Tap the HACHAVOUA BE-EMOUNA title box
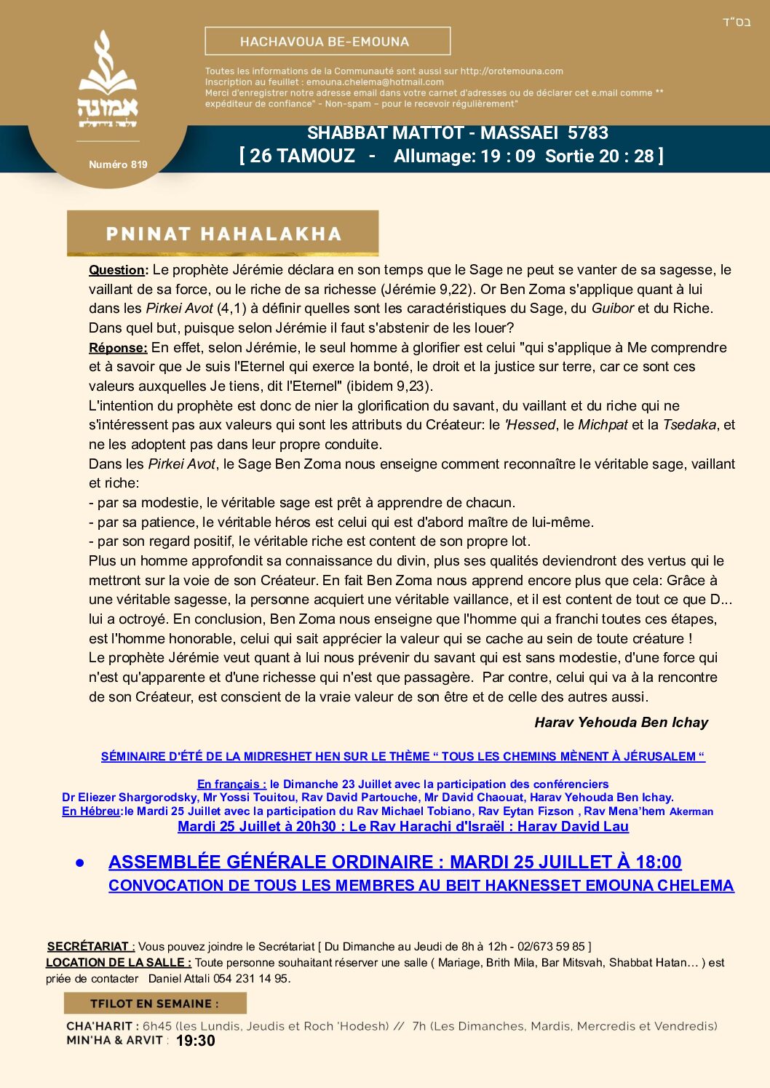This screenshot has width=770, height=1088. (328, 41)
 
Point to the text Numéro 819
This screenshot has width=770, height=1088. (118, 164)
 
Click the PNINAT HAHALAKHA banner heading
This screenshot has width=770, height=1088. (223, 234)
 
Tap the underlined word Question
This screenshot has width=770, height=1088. (117, 270)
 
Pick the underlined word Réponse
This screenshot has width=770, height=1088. (118, 348)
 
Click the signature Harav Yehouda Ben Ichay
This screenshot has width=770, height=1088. (621, 723)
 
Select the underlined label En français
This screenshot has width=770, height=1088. (231, 785)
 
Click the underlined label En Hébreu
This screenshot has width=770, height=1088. (92, 811)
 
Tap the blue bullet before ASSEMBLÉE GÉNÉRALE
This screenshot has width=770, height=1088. (80, 863)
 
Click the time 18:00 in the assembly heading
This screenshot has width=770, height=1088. (658, 862)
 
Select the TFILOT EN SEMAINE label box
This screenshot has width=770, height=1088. (155, 1004)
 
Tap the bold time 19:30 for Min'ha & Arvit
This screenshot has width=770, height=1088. (196, 1041)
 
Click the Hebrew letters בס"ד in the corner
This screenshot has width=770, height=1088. (736, 22)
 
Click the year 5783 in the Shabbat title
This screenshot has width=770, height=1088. (587, 133)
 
